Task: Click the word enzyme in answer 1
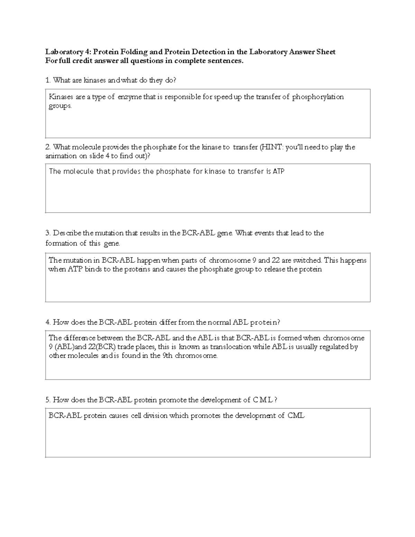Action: (130, 97)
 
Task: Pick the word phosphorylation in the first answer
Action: (318, 97)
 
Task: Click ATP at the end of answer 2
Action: (279, 172)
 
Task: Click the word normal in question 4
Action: (220, 323)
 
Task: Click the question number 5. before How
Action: (48, 400)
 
